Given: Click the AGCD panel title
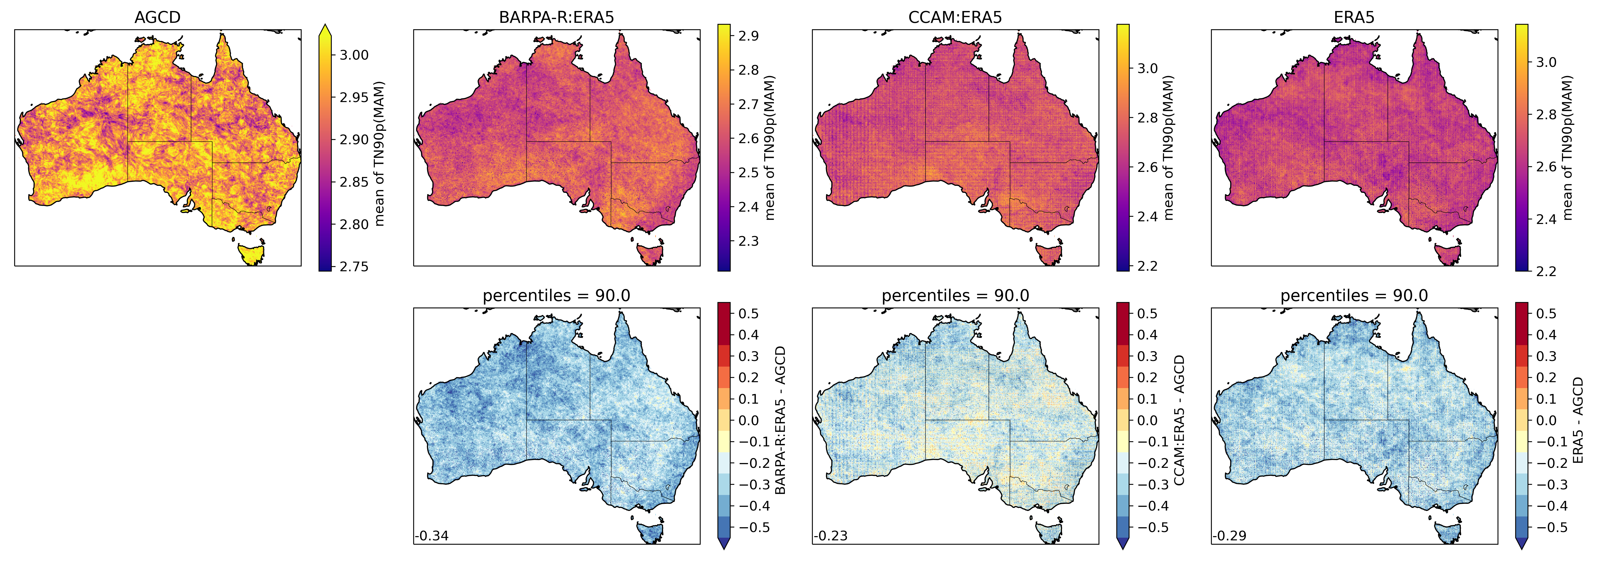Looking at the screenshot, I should tap(158, 17).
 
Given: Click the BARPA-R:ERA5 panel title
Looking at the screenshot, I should tap(556, 17).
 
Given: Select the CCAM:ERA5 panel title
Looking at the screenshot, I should tap(955, 17).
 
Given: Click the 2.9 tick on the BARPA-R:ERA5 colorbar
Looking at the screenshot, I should tap(748, 36).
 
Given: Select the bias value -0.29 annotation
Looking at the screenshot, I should tap(1229, 536).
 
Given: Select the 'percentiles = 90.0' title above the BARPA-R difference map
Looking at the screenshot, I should tap(556, 296).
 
